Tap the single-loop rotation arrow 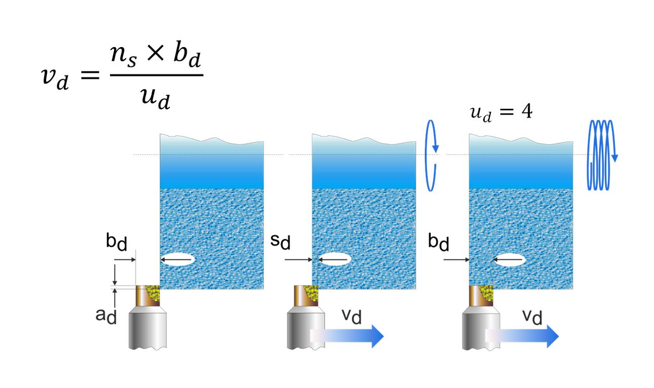point(431,155)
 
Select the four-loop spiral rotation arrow point(601,155)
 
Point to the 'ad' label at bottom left point(106,315)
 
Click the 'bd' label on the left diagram point(117,242)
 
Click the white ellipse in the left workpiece point(177,260)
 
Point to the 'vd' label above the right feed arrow point(532,317)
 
